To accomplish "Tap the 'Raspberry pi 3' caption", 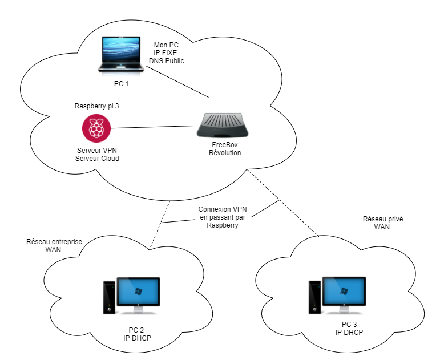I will [x=97, y=107].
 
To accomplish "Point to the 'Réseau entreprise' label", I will [x=54, y=241].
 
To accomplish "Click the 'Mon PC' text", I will [x=167, y=45].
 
